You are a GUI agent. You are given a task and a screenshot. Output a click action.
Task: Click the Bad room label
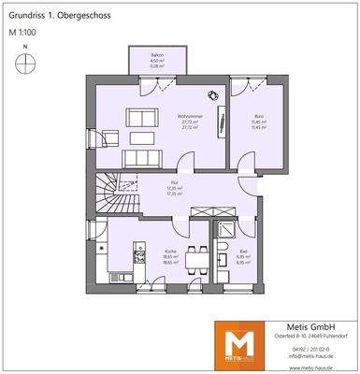click(x=243, y=253)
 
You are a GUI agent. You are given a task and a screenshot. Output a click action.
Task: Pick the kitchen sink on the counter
click(x=141, y=253)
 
